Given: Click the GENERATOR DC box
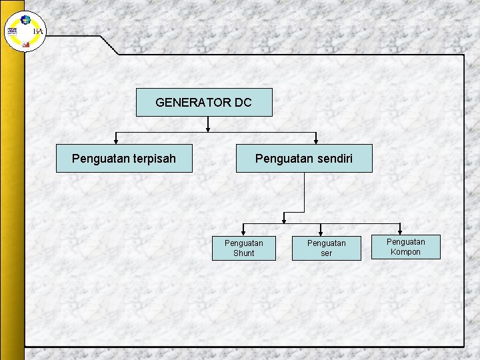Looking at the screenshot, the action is pos(204,103).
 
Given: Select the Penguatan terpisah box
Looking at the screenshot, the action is pos(124,159).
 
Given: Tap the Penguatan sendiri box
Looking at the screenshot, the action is pos(304,159).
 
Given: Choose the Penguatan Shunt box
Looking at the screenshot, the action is pos(243,248).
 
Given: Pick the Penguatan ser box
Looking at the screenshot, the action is pos(327,248).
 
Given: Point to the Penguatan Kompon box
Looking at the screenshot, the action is pos(406,247).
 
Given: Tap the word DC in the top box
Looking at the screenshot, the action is pos(243,103).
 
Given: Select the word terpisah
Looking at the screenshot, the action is pos(153,159).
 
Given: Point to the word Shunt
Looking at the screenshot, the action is pos(243,253).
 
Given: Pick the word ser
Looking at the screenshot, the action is pos(327,253).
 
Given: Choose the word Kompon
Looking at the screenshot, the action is pos(406,252).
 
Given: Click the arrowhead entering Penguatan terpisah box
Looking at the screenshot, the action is pos(116,141).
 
